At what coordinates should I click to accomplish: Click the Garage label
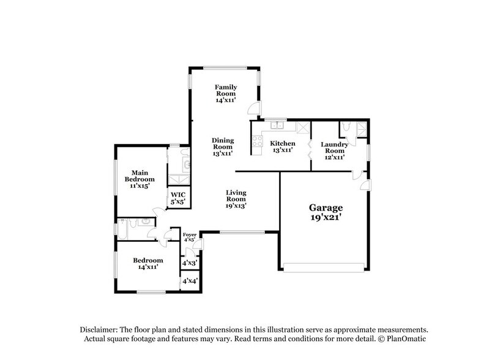click(x=325, y=212)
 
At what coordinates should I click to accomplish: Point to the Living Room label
click(x=236, y=199)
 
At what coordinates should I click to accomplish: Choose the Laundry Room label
click(x=335, y=151)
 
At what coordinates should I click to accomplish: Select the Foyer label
click(x=190, y=237)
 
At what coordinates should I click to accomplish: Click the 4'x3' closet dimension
click(x=190, y=264)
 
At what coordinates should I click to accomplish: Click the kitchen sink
click(x=278, y=127)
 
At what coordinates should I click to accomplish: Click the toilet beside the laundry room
click(x=347, y=127)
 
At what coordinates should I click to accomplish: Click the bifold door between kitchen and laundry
click(x=310, y=150)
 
